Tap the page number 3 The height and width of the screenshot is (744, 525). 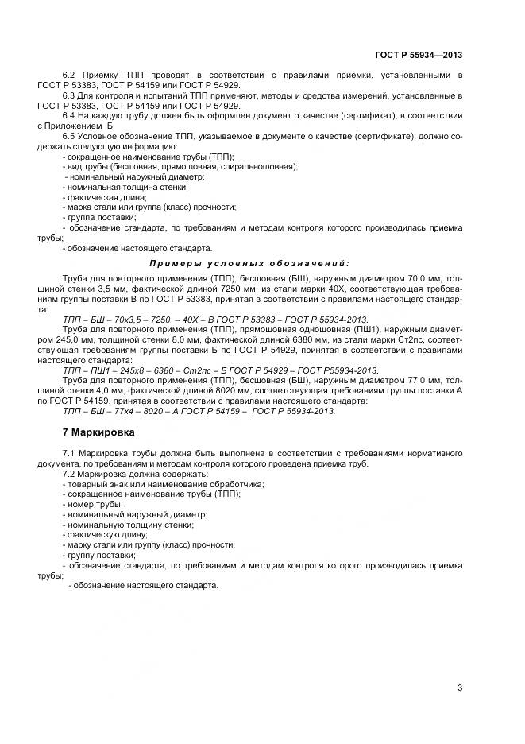click(x=460, y=688)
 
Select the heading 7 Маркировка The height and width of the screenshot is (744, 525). click(x=98, y=433)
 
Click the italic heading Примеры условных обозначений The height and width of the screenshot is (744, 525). click(x=249, y=262)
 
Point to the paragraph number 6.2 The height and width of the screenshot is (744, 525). click(x=69, y=75)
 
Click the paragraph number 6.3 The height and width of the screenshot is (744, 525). click(x=69, y=95)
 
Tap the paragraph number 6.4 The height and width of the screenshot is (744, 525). click(x=69, y=116)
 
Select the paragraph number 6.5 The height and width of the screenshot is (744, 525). click(x=69, y=137)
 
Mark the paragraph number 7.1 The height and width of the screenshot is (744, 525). click(x=69, y=453)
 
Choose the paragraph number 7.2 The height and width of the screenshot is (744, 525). click(x=69, y=474)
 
